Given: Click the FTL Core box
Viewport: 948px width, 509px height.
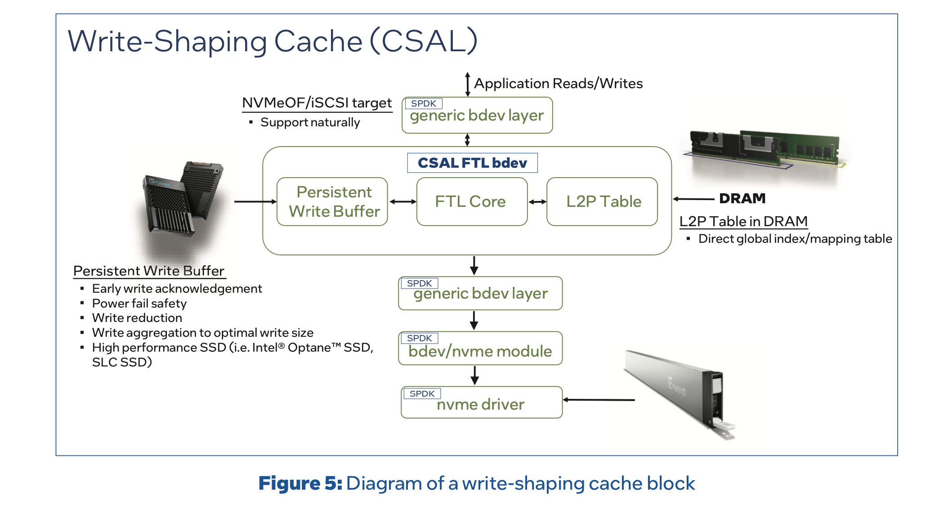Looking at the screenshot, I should click(471, 202).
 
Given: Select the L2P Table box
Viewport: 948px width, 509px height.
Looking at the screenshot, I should click(602, 202).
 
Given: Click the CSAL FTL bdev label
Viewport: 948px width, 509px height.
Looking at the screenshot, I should click(472, 163).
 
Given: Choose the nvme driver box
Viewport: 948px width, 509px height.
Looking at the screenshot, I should click(481, 403).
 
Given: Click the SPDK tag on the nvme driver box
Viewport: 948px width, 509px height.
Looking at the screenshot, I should click(422, 394).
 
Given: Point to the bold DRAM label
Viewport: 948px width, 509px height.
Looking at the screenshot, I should click(742, 198).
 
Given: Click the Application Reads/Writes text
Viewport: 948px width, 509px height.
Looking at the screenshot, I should click(558, 84).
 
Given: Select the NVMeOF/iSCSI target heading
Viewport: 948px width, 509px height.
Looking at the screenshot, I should click(317, 103).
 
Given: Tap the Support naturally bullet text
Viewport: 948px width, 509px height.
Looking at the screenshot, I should click(310, 122).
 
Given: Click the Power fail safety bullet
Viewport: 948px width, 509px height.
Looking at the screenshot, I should click(139, 304).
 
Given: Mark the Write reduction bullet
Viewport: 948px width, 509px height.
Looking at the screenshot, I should click(137, 318).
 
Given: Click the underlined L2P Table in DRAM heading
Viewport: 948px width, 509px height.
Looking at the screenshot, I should click(743, 221).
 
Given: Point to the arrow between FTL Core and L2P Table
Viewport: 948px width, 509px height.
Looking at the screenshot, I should click(537, 202).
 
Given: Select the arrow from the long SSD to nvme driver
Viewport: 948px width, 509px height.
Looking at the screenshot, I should click(599, 400).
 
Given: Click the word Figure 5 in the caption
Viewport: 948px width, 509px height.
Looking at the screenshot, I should click(300, 483).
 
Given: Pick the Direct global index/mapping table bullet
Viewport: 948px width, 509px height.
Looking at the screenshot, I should click(795, 239).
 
